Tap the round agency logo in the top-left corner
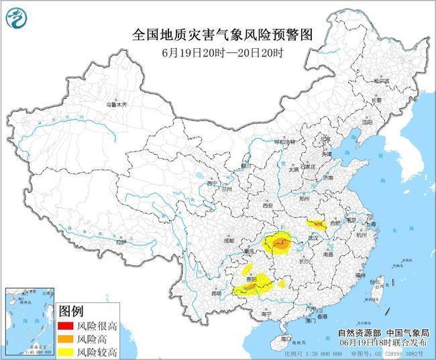point(17,18)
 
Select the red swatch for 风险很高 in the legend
point(66,326)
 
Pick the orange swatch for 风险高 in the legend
point(66,339)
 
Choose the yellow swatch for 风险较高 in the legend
point(66,351)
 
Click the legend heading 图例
point(71,312)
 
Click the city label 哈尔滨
point(381,80)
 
